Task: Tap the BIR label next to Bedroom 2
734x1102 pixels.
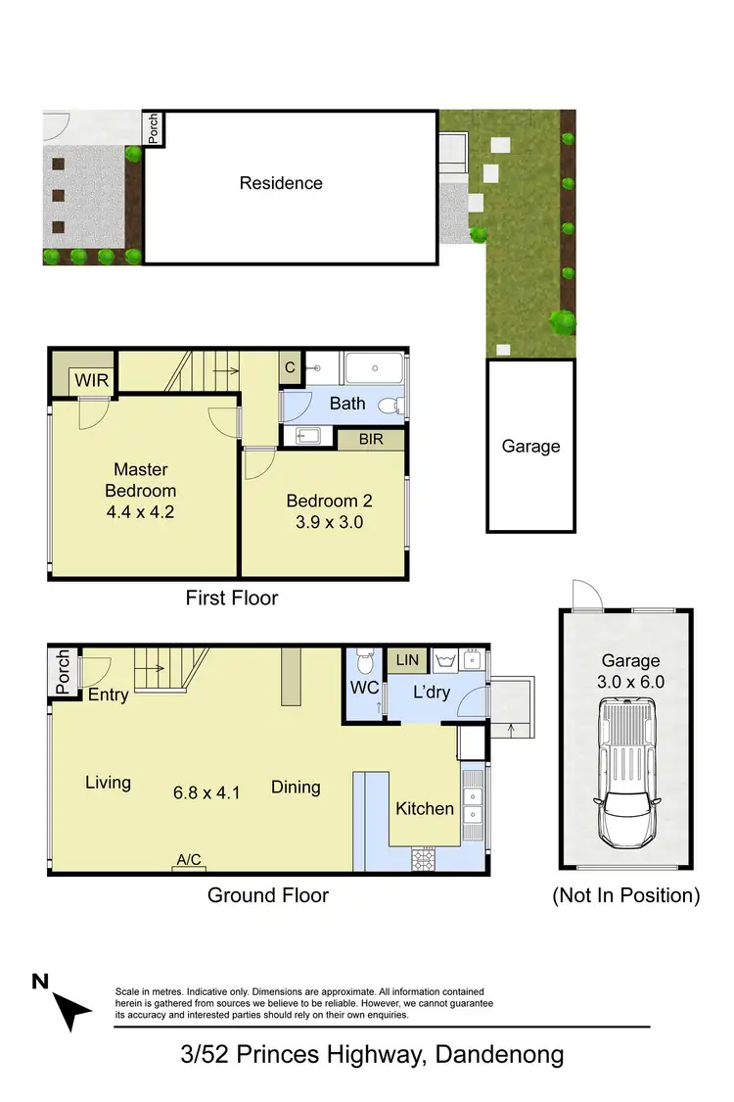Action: [x=371, y=440]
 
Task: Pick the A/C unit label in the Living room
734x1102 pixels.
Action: [x=188, y=860]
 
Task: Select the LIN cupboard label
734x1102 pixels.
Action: [x=407, y=660]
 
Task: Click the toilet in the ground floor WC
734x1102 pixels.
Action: [x=363, y=656]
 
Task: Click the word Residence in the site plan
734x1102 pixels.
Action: [x=281, y=183]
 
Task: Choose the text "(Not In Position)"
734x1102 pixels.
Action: [x=626, y=895]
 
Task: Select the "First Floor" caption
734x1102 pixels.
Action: [x=232, y=598]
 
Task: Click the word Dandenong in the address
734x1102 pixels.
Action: [x=499, y=1055]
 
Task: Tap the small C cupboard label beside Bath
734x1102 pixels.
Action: [x=291, y=368]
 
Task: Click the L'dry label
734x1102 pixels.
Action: [x=431, y=692]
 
